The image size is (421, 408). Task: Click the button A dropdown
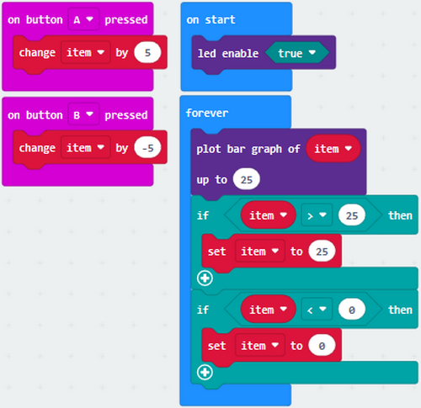coord(83,19)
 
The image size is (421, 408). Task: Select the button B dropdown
coord(83,114)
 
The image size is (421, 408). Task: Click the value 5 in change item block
coord(147,52)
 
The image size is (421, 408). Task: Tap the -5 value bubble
coord(147,147)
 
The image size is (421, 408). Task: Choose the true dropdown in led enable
coord(296,53)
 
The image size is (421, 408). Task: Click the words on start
coord(210,19)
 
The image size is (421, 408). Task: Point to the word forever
coord(207,113)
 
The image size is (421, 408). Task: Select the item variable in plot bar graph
coord(333,149)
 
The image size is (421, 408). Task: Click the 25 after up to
coord(246,179)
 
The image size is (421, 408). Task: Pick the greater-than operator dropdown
coord(317,215)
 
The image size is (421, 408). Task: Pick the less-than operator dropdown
coord(317,310)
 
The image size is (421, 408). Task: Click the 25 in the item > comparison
coord(352,215)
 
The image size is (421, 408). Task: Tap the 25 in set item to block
coord(322,252)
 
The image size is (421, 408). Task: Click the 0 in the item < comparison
coord(352,310)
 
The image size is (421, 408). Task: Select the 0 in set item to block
coord(322,346)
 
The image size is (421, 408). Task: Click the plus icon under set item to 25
coord(205,278)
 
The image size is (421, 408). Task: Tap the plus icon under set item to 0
coord(205,373)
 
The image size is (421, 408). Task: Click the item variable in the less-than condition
coord(268,310)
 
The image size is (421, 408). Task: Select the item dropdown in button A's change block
coord(85,52)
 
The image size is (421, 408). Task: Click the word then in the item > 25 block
coord(400,215)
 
